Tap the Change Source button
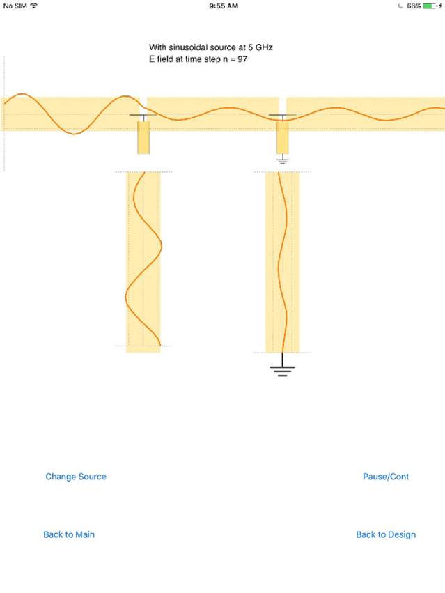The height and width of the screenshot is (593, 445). [x=76, y=477]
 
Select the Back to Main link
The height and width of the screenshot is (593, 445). [x=69, y=534]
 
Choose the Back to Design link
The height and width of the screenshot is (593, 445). [x=386, y=534]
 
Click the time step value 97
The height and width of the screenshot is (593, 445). [x=242, y=59]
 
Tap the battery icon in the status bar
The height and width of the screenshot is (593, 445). [x=430, y=6]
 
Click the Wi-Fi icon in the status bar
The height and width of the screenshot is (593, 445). [x=34, y=6]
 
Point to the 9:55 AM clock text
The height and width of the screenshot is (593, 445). [x=224, y=6]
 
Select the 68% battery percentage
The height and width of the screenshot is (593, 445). [x=414, y=6]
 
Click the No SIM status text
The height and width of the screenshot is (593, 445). [x=15, y=6]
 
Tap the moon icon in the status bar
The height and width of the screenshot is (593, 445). [x=400, y=6]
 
